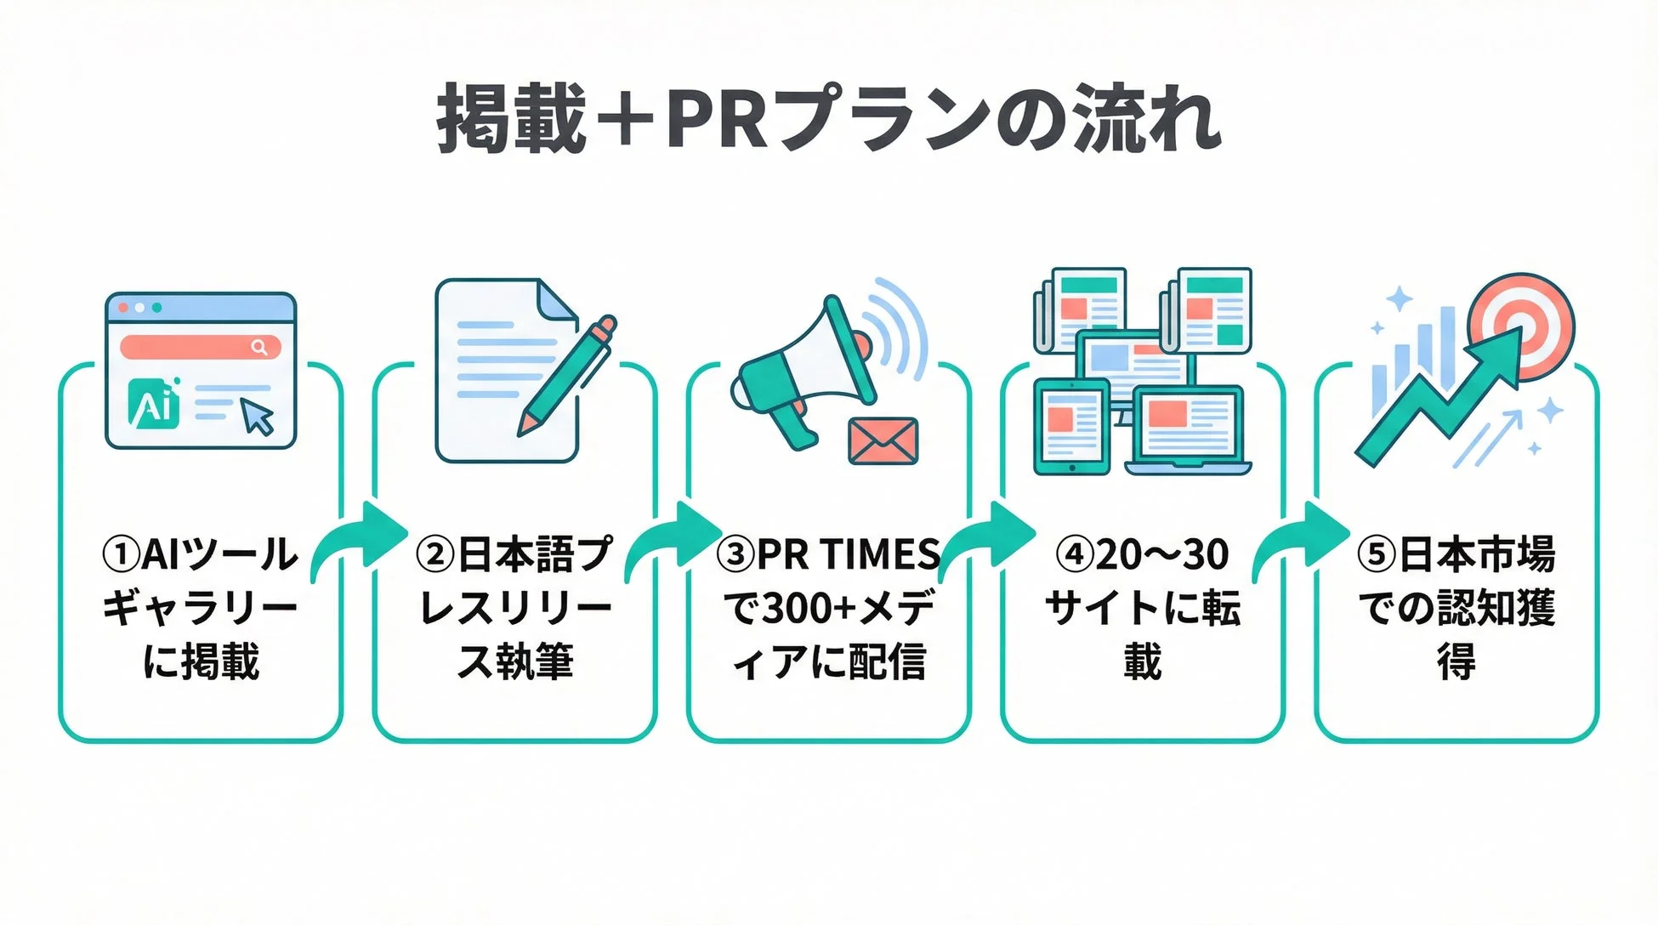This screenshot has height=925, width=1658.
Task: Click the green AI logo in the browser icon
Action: [x=155, y=404]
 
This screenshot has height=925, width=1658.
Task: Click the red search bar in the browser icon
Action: [x=201, y=347]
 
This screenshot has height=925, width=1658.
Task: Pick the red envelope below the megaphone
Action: [x=883, y=441]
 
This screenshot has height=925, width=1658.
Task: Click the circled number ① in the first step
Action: [x=120, y=555]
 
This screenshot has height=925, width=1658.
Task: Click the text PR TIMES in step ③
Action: [x=848, y=555]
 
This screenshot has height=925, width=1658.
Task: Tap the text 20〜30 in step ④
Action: [x=1161, y=555]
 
